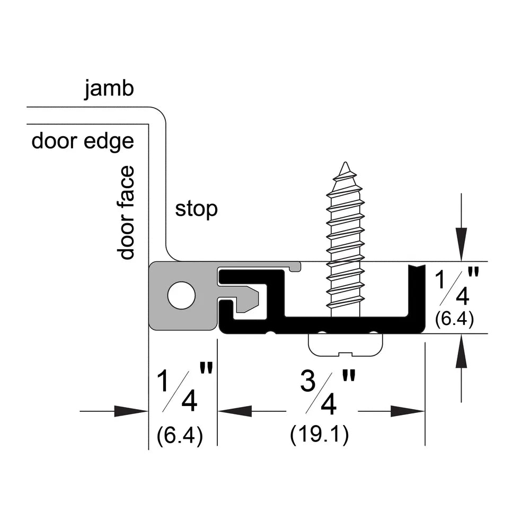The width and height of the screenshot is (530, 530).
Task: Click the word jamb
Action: click(109, 89)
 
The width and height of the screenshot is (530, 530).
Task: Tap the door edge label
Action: click(83, 142)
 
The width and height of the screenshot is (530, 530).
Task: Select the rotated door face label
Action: click(126, 213)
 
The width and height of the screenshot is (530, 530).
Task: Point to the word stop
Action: click(197, 209)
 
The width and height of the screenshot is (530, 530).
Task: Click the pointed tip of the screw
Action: click(345, 163)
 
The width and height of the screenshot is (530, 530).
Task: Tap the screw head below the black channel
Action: click(345, 345)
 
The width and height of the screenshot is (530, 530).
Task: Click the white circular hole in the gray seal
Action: click(181, 296)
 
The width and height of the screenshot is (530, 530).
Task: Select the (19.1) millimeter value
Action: click(320, 435)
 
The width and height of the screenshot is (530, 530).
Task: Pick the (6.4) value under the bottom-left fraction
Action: click(180, 435)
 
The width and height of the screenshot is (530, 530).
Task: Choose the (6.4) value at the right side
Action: click(454, 319)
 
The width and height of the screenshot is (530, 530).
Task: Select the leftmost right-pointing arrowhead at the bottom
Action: click(131, 411)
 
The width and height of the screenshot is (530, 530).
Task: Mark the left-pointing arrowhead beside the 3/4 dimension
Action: click(235, 411)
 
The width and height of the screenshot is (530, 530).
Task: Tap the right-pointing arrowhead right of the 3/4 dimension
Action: click(407, 411)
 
